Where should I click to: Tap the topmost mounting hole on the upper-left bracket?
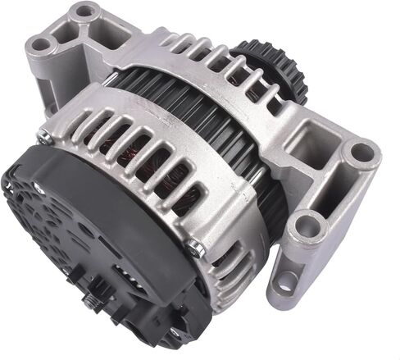click(84, 12)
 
